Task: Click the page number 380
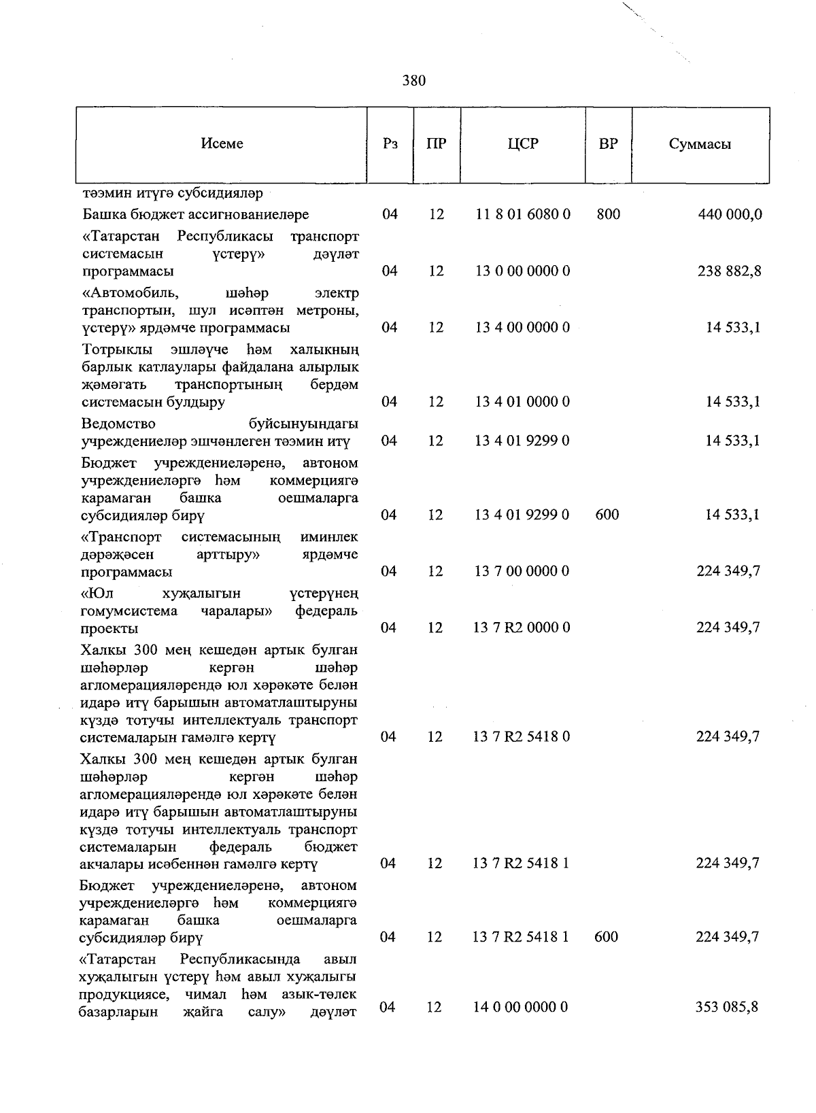413,81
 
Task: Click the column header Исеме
222,144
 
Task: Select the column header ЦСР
522,144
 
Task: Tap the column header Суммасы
700,144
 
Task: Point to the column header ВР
608,144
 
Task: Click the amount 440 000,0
730,215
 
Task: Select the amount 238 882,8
730,271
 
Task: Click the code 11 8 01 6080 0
522,215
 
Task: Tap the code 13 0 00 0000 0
522,271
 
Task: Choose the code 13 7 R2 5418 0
522,737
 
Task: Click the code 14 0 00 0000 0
521,1007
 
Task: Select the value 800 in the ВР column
608,215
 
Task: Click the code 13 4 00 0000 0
522,328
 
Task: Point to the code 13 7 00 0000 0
522,571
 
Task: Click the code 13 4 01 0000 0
522,402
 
